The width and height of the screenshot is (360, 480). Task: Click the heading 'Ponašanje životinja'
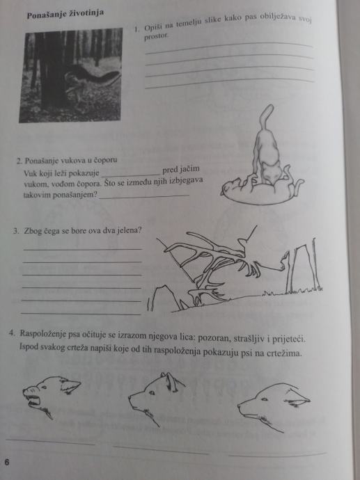65,14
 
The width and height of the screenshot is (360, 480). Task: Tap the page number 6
7,462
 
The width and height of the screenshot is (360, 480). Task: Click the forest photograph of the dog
71,75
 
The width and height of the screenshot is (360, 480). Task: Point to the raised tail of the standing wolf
265,118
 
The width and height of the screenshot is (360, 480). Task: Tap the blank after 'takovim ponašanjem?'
143,197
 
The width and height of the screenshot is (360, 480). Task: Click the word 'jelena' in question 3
130,230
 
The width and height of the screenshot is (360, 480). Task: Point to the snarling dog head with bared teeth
51,396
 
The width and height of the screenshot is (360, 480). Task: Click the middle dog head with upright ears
156,398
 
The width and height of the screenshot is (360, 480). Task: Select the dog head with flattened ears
274,407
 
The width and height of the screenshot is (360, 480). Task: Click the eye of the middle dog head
152,393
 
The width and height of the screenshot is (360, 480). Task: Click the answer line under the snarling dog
51,442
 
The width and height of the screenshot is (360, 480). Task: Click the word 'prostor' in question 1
156,35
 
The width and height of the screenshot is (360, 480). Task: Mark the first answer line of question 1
229,49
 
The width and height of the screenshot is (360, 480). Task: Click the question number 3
16,231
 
